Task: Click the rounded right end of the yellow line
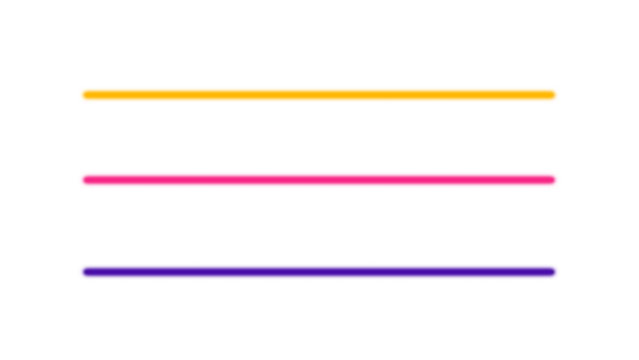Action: pos(556,95)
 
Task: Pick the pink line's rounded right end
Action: pos(556,180)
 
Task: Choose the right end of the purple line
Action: pos(556,272)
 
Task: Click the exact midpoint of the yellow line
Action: pos(319,95)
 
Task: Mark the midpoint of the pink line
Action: pos(319,180)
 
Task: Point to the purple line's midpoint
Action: pos(319,272)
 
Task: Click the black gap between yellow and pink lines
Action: pos(319,137)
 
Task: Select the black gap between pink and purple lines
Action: pos(319,226)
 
